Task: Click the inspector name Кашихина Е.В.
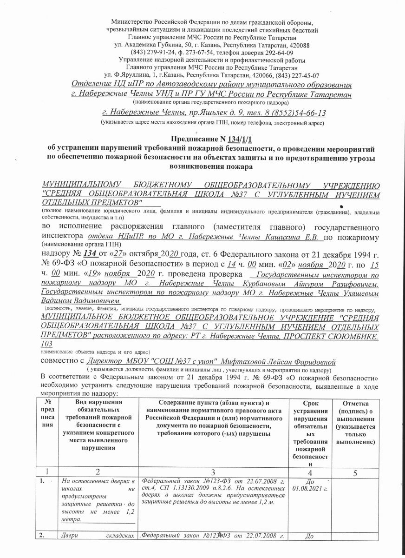pyautogui.click(x=298, y=238)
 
